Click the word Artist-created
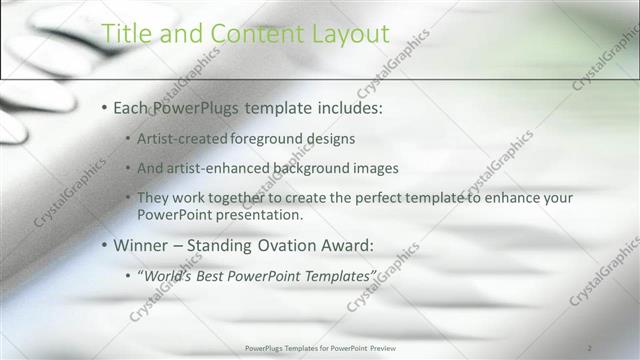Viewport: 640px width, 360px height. [182, 137]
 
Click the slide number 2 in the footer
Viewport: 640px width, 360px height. [589, 347]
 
